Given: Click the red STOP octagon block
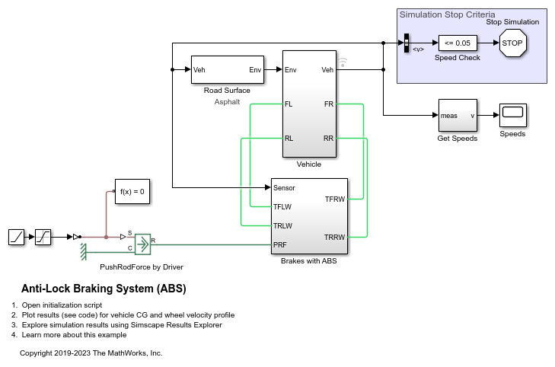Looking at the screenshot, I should [x=512, y=43].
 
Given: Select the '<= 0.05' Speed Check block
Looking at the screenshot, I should [x=457, y=43].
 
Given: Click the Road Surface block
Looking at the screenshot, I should [x=227, y=70].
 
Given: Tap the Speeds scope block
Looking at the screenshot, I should [x=512, y=115].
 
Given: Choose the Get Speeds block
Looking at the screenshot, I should [x=458, y=116].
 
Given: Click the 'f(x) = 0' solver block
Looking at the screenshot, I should [x=131, y=191].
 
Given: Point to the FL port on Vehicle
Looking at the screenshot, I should [x=289, y=104].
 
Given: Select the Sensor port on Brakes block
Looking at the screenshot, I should [x=284, y=187].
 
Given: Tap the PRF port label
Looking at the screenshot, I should [x=281, y=245].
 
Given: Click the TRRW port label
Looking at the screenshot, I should [x=334, y=237].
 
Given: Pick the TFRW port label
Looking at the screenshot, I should [x=334, y=199].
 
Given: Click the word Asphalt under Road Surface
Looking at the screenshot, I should [x=227, y=101].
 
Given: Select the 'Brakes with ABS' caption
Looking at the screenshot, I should [x=309, y=262].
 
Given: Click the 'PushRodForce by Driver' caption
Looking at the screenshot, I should [x=142, y=267].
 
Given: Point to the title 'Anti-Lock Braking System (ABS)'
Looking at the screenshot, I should [x=104, y=289].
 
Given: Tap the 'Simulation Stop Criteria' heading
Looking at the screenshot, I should [x=447, y=14].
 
